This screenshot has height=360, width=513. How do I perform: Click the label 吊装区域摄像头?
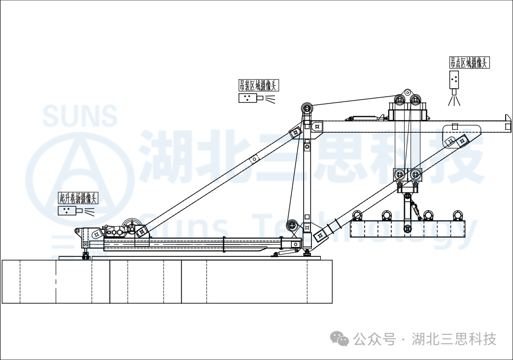tap(258, 85)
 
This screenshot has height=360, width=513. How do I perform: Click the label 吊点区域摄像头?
tap(469, 63)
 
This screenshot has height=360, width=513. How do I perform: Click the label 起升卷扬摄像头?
tap(78, 198)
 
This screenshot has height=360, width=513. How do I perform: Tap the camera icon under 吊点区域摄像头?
tap(454, 80)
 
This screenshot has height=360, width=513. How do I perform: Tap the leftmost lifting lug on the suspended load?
tap(358, 216)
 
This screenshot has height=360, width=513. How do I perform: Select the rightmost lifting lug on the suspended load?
tap(458, 216)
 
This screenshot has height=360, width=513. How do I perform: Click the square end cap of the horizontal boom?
tap(508, 123)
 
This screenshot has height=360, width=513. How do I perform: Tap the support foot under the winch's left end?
tap(86, 255)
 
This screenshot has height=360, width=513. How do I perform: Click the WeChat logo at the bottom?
tap(340, 339)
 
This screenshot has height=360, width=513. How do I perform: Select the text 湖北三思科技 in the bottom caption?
tap(454, 339)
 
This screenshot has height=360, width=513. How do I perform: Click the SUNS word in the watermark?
tap(80, 115)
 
